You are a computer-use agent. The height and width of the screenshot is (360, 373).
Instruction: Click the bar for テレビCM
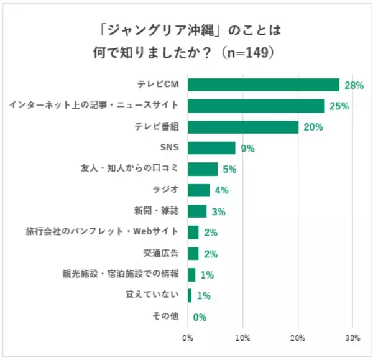click(x=264, y=85)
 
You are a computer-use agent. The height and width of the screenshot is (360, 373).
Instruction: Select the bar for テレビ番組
click(x=243, y=127)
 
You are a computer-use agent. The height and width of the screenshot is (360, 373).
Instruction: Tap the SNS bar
click(x=211, y=148)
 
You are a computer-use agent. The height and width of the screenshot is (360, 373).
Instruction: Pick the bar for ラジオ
click(x=199, y=190)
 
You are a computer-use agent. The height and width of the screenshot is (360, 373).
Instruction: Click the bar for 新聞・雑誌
click(x=197, y=211)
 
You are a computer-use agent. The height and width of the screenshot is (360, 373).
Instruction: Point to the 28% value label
click(x=354, y=85)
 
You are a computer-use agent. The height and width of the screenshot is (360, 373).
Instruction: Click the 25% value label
click(x=339, y=106)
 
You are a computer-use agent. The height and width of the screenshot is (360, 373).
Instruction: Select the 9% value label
click(x=248, y=149)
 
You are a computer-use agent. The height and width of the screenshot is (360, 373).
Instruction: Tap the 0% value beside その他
click(x=199, y=317)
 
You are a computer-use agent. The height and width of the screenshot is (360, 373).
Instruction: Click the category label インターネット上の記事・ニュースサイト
click(x=94, y=106)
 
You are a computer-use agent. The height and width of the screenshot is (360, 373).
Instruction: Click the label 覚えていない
click(x=152, y=295)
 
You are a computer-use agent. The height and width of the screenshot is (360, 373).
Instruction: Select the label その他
click(x=166, y=316)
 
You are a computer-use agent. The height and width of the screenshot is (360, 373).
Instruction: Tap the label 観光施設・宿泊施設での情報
click(x=121, y=274)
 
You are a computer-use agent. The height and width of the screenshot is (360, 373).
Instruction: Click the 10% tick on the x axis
click(x=242, y=338)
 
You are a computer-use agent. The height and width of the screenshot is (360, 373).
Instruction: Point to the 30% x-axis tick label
click(x=352, y=338)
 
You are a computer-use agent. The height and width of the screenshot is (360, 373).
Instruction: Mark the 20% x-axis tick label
click(x=298, y=338)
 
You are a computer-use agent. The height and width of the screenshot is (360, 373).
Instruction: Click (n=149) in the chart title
click(x=243, y=53)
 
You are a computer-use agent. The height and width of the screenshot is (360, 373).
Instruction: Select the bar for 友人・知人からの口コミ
click(x=203, y=169)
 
